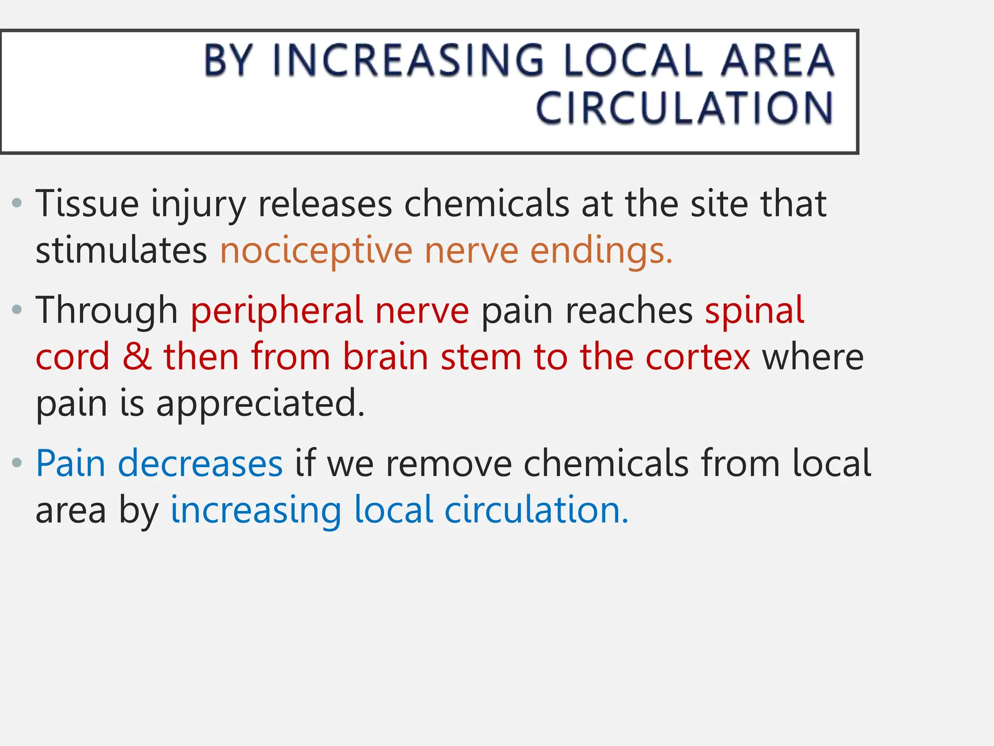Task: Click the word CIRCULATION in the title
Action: pos(684,108)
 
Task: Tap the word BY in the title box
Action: pos(228,60)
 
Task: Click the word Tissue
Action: pos(87,204)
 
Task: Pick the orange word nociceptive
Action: pos(316,252)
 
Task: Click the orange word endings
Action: pos(601,252)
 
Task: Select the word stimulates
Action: pos(121,251)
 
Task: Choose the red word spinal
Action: pos(755,310)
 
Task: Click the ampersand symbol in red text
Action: pos(137,356)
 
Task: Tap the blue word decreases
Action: pos(200,463)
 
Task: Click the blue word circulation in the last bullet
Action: pos(536,510)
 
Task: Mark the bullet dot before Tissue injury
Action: pos(17,203)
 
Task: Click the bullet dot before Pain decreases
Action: pos(17,462)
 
